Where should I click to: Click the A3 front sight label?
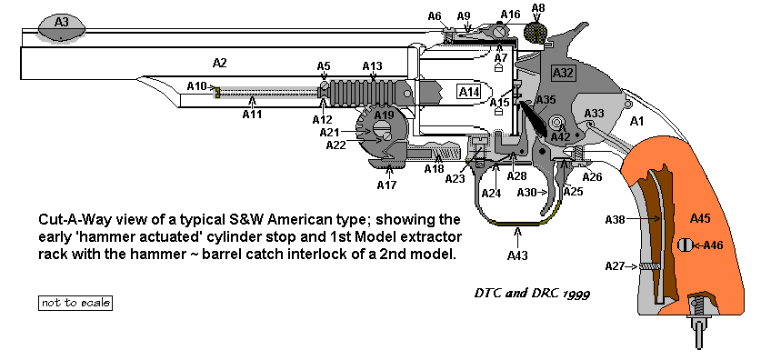[x=62, y=22]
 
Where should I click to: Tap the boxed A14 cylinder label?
[x=469, y=92]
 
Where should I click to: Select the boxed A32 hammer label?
[x=564, y=74]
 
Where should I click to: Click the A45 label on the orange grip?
[x=700, y=219]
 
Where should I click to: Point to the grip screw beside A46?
[x=684, y=245]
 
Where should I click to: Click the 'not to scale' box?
[x=75, y=303]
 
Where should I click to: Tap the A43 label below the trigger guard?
[x=517, y=255]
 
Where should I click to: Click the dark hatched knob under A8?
[x=536, y=32]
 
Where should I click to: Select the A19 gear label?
[x=385, y=115]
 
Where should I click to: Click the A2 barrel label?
[x=220, y=63]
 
